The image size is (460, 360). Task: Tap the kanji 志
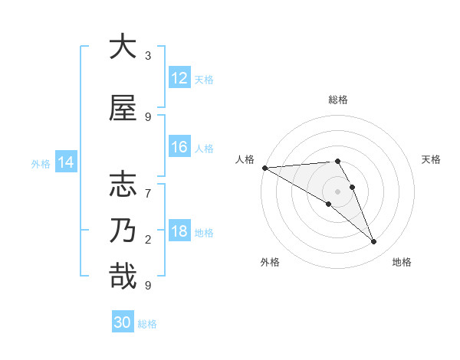(123, 185)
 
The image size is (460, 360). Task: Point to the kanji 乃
(123, 231)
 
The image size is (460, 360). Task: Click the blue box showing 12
(179, 79)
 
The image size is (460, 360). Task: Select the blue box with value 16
(179, 148)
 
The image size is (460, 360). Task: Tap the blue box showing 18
(179, 232)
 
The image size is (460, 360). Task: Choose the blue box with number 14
(65, 162)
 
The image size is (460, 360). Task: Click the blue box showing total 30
(123, 322)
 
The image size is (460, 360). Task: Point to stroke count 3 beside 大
(148, 56)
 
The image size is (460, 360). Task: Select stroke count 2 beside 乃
(148, 239)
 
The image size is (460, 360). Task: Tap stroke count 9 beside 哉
(148, 285)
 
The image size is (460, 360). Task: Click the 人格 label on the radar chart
(245, 159)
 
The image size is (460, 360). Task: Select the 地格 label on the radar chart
(402, 262)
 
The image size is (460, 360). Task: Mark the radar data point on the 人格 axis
(264, 168)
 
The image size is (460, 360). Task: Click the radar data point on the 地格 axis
(374, 242)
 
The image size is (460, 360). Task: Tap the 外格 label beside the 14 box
(40, 163)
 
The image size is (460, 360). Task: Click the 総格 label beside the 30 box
(147, 324)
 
